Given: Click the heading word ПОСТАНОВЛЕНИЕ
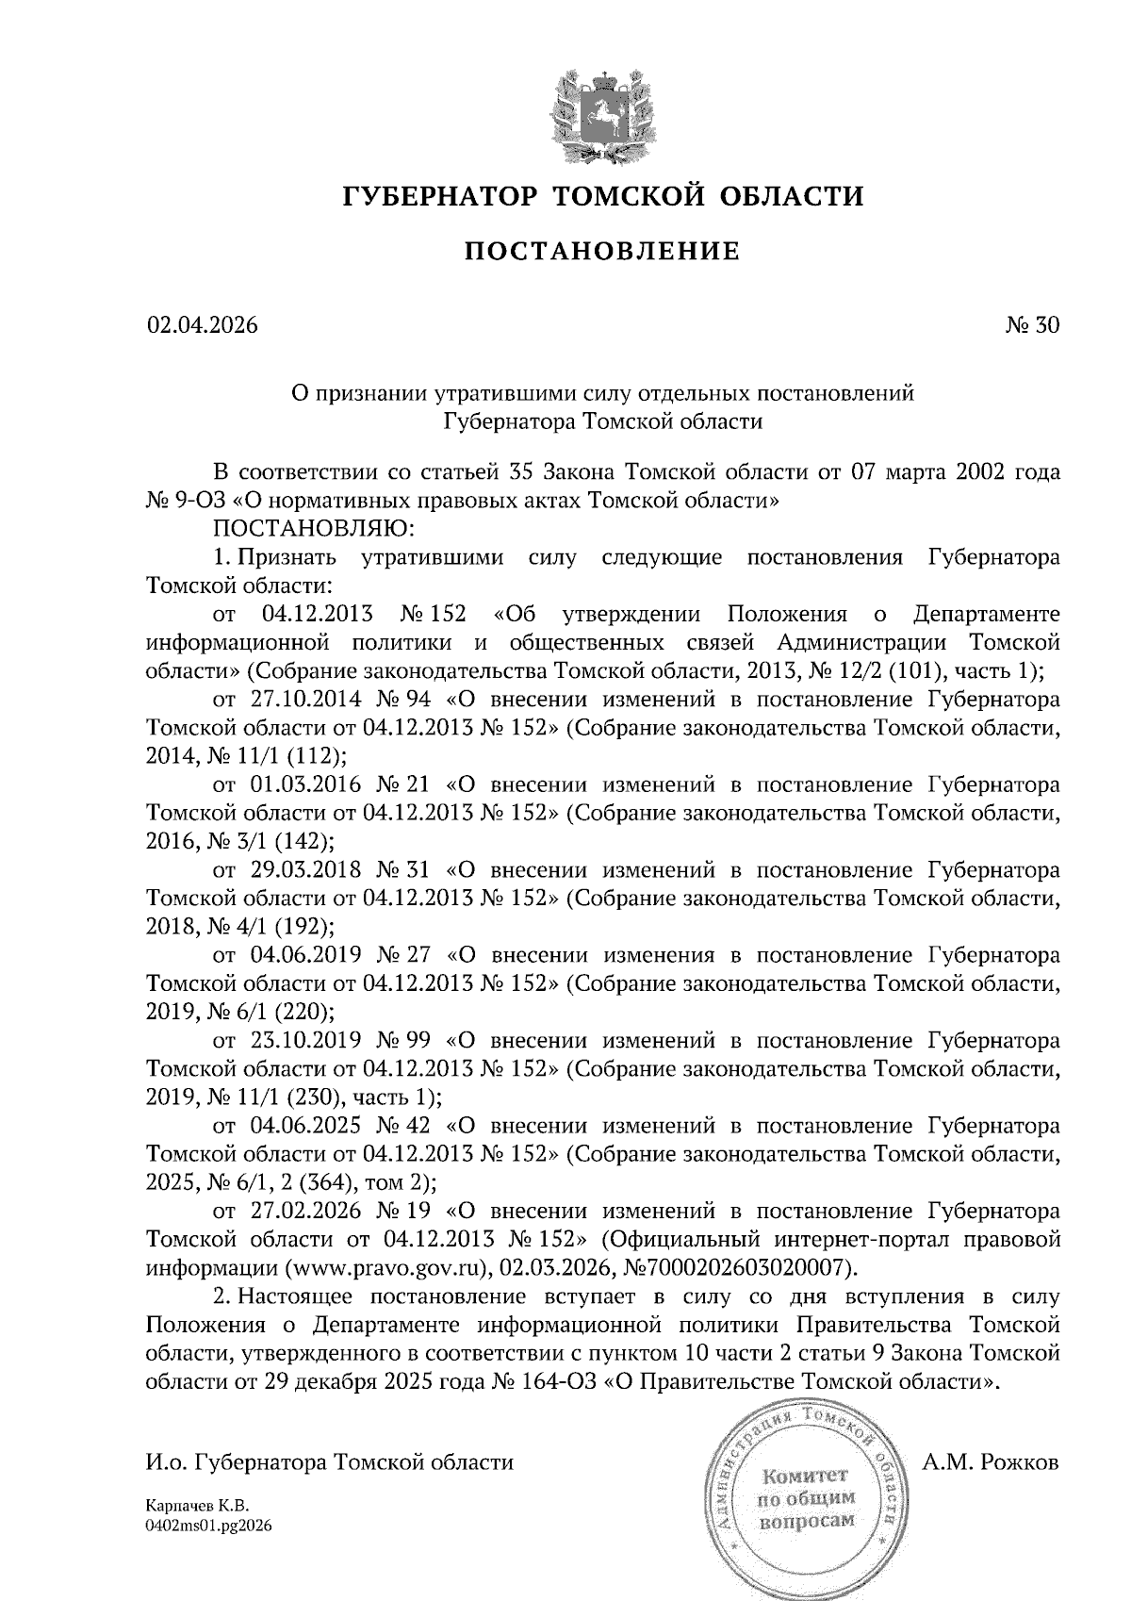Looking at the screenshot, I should point(603,252).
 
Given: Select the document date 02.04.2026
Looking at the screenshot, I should point(202,326).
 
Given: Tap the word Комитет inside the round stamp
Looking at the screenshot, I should point(806,1477).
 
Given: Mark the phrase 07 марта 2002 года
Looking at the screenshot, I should point(955,471).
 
